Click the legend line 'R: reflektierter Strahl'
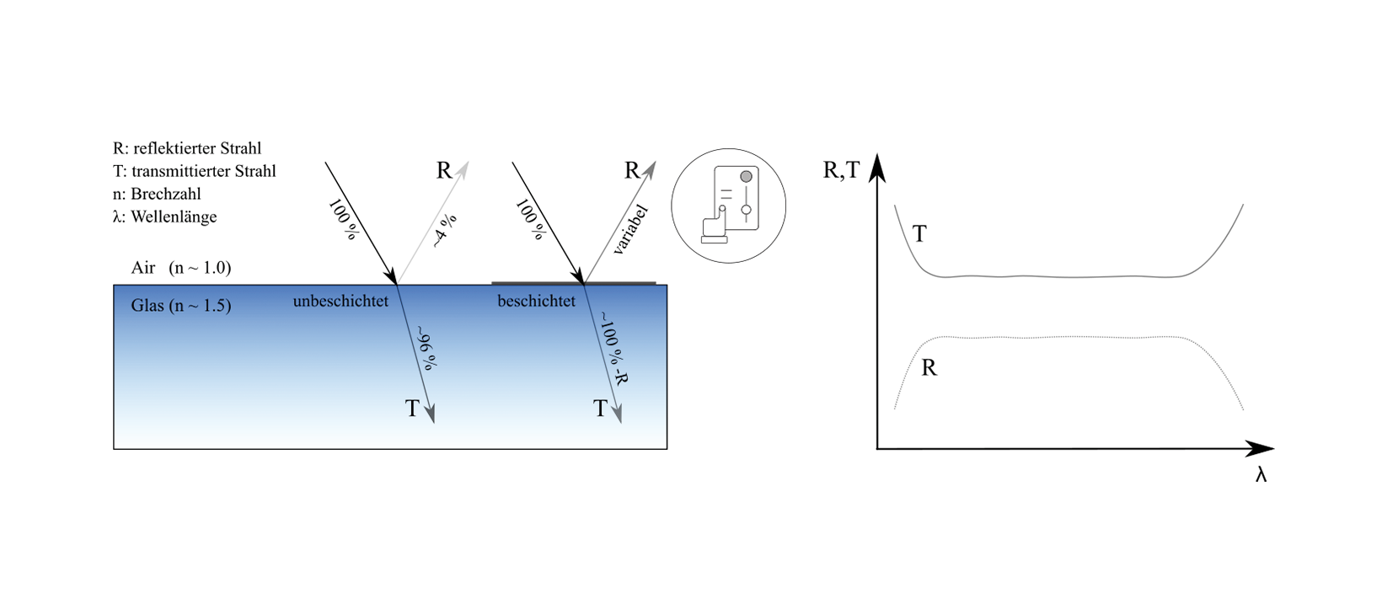pyautogui.click(x=187, y=148)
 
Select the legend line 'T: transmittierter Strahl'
pyautogui.click(x=195, y=171)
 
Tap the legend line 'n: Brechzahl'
pyautogui.click(x=157, y=195)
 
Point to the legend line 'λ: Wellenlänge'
pyautogui.click(x=164, y=217)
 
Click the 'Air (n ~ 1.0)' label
pyautogui.click(x=181, y=268)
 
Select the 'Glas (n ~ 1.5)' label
pyautogui.click(x=181, y=306)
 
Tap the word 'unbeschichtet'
pyautogui.click(x=340, y=302)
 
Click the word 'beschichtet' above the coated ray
pyautogui.click(x=536, y=302)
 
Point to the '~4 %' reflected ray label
pyautogui.click(x=444, y=231)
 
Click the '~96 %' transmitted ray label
pyautogui.click(x=427, y=348)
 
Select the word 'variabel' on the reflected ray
pyautogui.click(x=630, y=229)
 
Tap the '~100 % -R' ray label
pyautogui.click(x=613, y=348)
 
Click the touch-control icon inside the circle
pyautogui.click(x=731, y=205)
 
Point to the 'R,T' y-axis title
pyautogui.click(x=841, y=170)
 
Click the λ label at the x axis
pyautogui.click(x=1261, y=474)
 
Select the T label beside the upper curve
pyautogui.click(x=919, y=234)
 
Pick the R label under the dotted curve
pyautogui.click(x=929, y=368)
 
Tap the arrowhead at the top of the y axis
pyautogui.click(x=877, y=168)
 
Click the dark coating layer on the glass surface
pyautogui.click(x=574, y=284)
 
